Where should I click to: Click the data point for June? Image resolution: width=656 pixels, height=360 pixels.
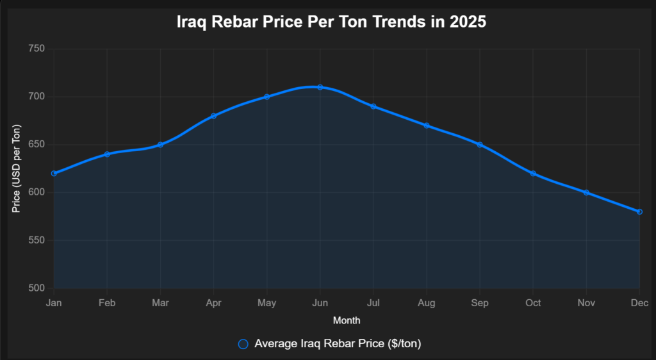[320, 87]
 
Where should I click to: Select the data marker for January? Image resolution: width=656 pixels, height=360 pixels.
[54, 174]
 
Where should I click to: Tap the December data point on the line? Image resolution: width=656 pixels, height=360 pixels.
[639, 211]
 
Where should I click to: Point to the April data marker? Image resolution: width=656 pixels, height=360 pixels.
[213, 116]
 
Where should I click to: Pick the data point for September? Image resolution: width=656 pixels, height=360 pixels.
[480, 145]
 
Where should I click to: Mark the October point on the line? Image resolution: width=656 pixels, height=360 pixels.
[533, 174]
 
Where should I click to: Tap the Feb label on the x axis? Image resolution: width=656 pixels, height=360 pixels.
[107, 302]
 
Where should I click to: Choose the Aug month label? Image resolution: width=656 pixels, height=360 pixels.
[427, 302]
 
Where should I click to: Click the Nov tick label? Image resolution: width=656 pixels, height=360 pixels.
[586, 302]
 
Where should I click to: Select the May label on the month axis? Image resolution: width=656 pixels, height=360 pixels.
[266, 302]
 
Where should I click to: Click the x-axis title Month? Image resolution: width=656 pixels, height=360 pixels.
[347, 320]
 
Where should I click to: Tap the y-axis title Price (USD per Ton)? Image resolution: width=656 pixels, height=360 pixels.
[17, 168]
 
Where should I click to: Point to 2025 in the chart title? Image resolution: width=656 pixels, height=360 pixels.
[468, 22]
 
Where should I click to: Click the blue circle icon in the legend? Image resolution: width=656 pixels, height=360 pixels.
[243, 344]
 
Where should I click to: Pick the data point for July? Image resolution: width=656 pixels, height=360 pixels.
[373, 106]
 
